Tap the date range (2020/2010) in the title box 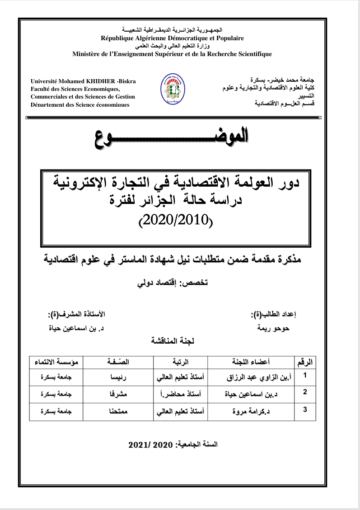click(177, 220)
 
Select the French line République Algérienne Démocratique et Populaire click(172, 38)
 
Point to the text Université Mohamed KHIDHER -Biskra click(83, 81)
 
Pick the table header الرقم click(305, 362)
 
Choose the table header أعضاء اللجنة click(250, 362)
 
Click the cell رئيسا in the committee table click(118, 377)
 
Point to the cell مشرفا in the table click(118, 394)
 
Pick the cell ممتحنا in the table click(118, 412)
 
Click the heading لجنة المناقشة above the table click(173, 342)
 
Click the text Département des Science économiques click(79, 104)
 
